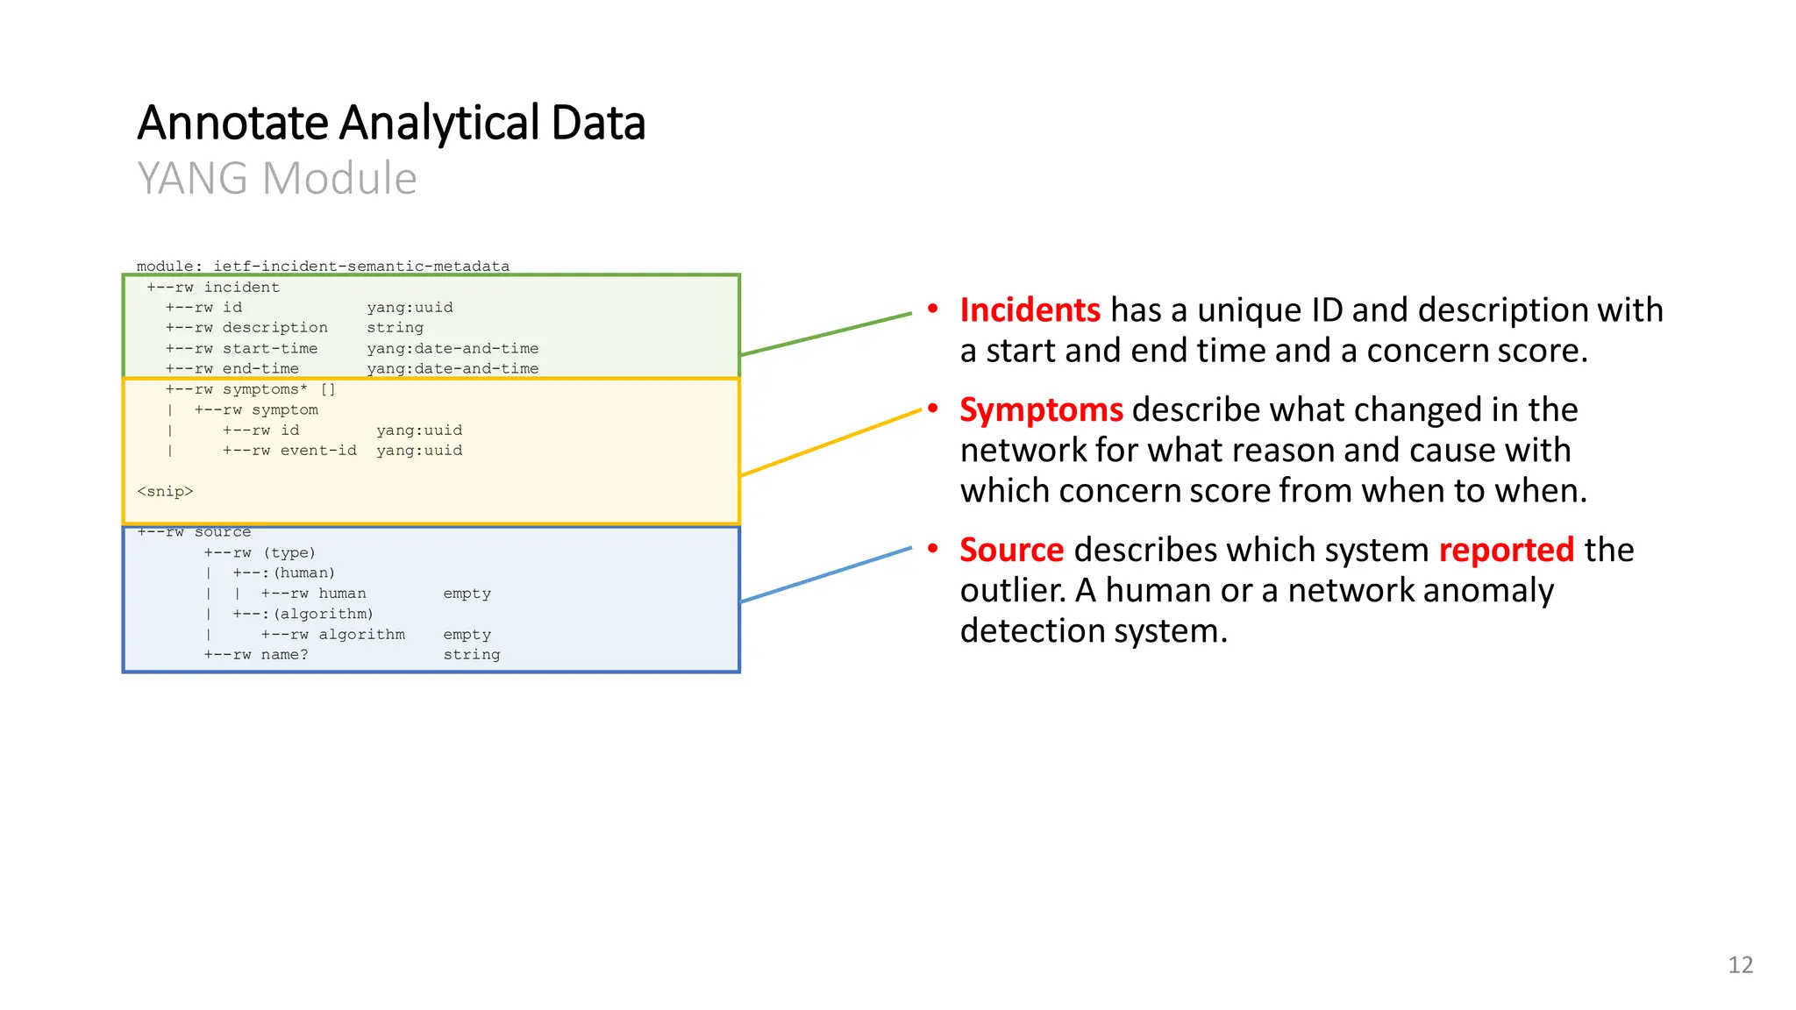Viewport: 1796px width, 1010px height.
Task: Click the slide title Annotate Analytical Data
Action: pos(391,123)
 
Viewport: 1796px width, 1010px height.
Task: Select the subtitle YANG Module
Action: pos(276,179)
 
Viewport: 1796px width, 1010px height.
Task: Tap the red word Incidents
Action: pos(1030,310)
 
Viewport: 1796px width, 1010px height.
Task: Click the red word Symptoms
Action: pos(1041,410)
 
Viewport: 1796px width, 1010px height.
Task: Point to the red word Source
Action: pos(1011,551)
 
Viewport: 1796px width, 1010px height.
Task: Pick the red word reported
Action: pos(1506,551)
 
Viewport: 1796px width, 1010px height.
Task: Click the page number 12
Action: pos(1740,965)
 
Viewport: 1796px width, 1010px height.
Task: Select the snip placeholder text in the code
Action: pos(165,492)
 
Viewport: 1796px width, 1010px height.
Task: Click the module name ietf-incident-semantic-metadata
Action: pos(361,267)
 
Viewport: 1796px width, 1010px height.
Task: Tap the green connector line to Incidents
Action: pos(826,333)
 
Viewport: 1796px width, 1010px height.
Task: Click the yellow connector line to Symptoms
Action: pos(830,443)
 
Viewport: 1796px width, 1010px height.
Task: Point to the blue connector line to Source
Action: pos(826,574)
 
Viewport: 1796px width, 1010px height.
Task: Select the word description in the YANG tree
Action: pos(274,328)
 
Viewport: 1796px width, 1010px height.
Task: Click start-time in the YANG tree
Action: pos(270,349)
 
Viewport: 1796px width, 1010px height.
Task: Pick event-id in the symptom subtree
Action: pos(318,451)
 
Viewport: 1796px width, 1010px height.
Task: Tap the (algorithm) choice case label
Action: pos(323,615)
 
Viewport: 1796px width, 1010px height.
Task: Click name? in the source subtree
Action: pos(284,655)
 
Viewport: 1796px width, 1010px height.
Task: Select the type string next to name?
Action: pos(471,655)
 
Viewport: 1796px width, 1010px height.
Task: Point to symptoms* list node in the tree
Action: pos(265,389)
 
